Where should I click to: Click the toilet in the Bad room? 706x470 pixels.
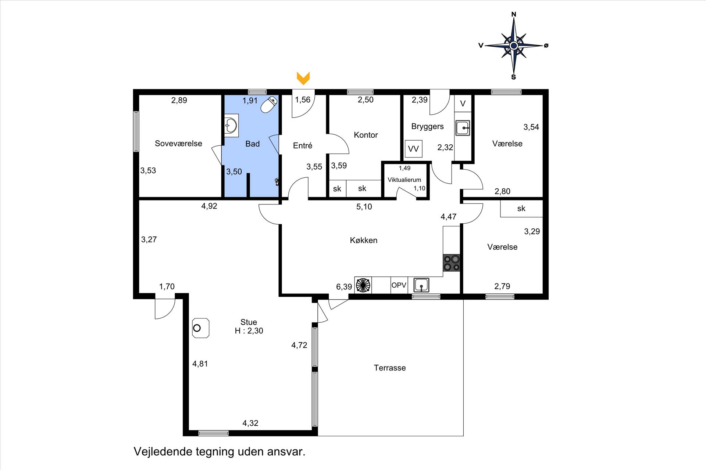click(x=268, y=104)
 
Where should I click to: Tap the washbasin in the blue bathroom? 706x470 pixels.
click(x=231, y=125)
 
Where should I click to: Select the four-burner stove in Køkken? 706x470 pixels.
click(x=452, y=263)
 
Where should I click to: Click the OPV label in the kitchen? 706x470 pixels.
click(x=399, y=285)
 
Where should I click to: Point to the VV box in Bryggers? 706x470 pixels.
click(x=413, y=149)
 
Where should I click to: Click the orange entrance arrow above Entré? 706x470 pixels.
click(x=303, y=78)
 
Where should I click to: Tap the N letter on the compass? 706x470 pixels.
click(x=514, y=14)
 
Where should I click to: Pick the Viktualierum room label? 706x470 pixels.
click(x=404, y=180)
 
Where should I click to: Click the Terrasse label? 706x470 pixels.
click(x=390, y=368)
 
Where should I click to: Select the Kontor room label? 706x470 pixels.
click(x=366, y=135)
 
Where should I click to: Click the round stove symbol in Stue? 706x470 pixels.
click(x=201, y=328)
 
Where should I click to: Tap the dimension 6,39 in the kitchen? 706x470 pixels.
click(x=344, y=287)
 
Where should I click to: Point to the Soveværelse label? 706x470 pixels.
click(x=178, y=144)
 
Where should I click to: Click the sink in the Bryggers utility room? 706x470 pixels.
click(x=463, y=128)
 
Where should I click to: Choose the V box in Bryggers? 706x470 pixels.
click(x=463, y=104)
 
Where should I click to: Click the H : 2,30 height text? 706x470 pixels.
click(x=249, y=331)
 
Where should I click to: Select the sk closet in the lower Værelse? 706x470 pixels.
click(x=521, y=209)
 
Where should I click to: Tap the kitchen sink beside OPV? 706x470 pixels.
click(x=421, y=285)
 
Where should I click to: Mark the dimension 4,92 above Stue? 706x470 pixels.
click(x=209, y=206)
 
